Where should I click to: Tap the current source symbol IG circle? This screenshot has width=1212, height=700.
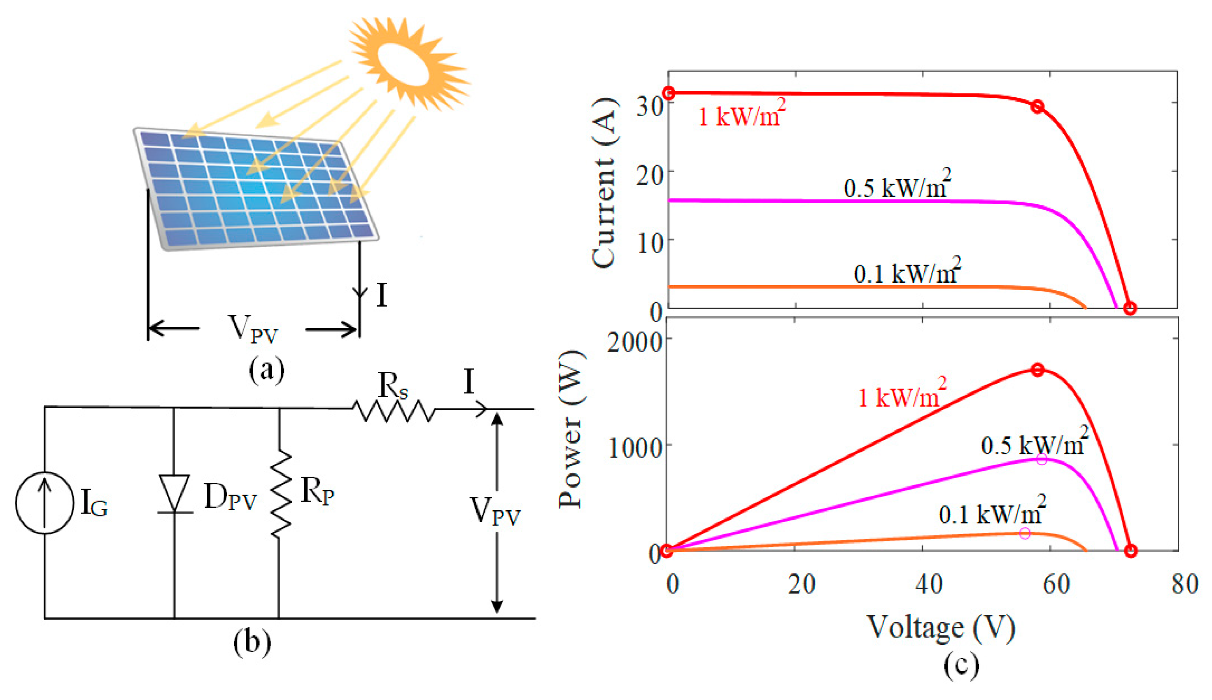click(x=45, y=503)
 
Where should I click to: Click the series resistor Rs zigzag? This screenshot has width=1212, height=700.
click(x=394, y=410)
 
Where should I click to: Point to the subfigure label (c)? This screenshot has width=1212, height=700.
click(x=961, y=665)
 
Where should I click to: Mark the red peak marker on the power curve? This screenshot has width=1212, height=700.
click(x=1038, y=370)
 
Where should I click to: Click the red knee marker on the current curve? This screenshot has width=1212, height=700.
click(x=1038, y=107)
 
